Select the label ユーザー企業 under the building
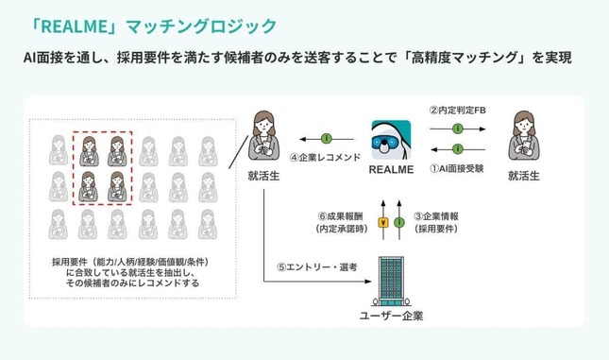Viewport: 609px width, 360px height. point(391,315)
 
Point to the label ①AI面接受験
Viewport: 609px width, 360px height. point(459,170)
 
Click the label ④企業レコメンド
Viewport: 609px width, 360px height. point(326,158)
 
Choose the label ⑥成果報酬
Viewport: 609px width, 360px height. point(339,215)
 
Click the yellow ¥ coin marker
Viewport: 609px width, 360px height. point(382,223)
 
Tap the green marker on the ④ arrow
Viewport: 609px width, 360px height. point(326,138)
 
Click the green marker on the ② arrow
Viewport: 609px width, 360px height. point(458,127)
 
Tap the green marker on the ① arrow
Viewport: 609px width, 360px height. point(458,150)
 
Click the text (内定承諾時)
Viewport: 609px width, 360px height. point(339,229)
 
